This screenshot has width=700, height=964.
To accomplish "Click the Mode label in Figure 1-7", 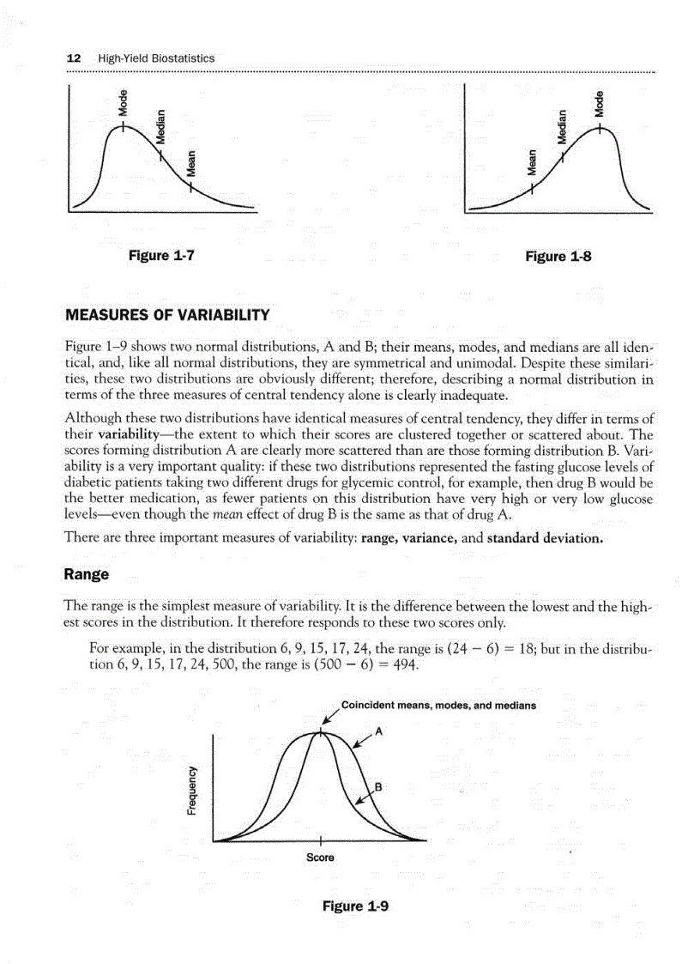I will click(124, 102).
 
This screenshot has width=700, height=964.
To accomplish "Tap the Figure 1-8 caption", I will click(558, 256).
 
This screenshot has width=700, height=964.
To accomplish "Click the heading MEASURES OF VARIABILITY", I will click(167, 316).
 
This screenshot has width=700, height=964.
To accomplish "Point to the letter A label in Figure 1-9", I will click(379, 732).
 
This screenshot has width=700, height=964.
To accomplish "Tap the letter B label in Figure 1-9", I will click(378, 787).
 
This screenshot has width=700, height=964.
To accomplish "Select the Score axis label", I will click(319, 858).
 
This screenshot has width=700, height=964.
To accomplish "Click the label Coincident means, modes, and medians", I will click(438, 706).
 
